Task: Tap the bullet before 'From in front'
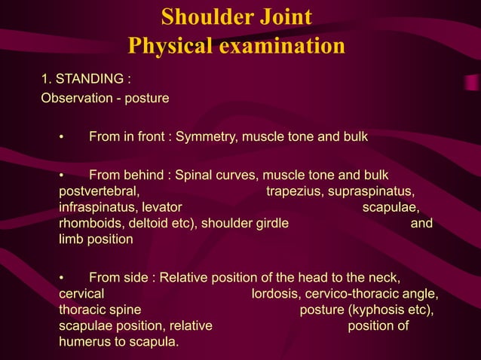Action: point(63,137)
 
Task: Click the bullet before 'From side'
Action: point(63,278)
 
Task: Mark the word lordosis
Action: point(276,294)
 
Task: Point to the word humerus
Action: point(84,341)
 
